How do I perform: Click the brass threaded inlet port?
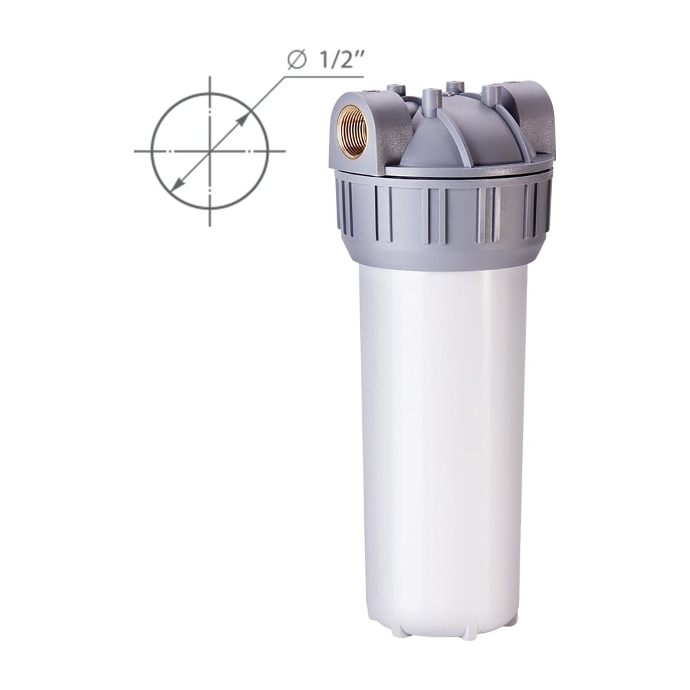[351, 130]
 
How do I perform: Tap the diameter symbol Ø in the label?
[297, 61]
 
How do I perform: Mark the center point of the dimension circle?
[210, 151]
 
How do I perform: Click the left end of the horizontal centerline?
[135, 151]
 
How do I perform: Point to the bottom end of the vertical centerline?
[210, 226]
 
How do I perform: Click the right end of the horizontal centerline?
[285, 151]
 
